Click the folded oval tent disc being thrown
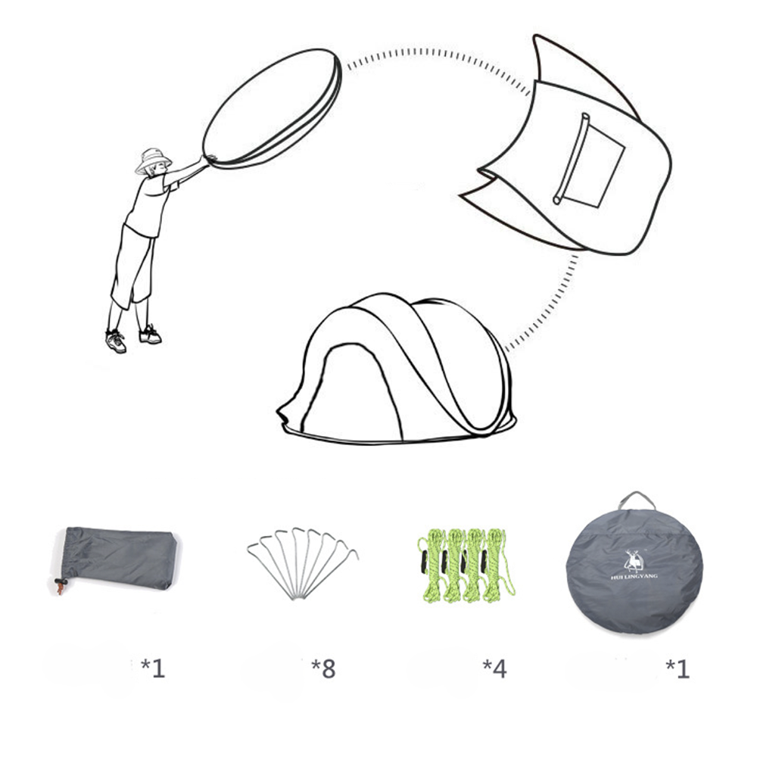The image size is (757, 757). (272, 109)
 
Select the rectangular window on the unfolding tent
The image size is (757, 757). (589, 160)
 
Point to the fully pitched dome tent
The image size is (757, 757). (396, 369)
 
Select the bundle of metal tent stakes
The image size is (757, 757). (303, 563)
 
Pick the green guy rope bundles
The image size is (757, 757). (465, 565)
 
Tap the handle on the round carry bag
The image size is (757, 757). (637, 500)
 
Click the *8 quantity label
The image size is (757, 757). (323, 668)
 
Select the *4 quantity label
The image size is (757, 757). (494, 668)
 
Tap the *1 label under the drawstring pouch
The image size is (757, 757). (153, 668)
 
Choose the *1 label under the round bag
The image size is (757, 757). (678, 668)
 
